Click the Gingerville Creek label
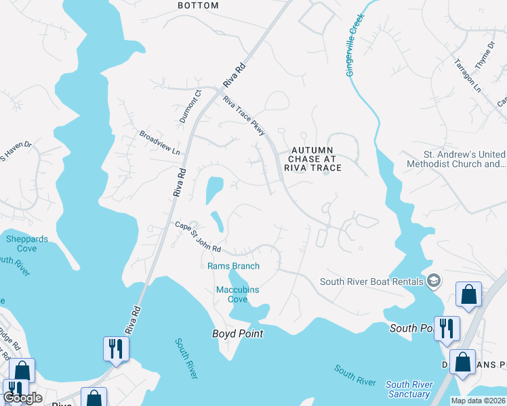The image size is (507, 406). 355,45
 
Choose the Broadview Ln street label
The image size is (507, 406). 160,142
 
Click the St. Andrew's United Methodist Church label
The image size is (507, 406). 455,159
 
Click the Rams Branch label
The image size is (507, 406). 233,266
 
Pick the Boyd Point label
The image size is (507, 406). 237,334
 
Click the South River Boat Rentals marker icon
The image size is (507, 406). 434,281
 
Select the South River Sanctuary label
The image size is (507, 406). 409,389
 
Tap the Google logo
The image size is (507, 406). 22,398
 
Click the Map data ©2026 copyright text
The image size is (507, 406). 478,401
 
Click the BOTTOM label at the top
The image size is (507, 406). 198,5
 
